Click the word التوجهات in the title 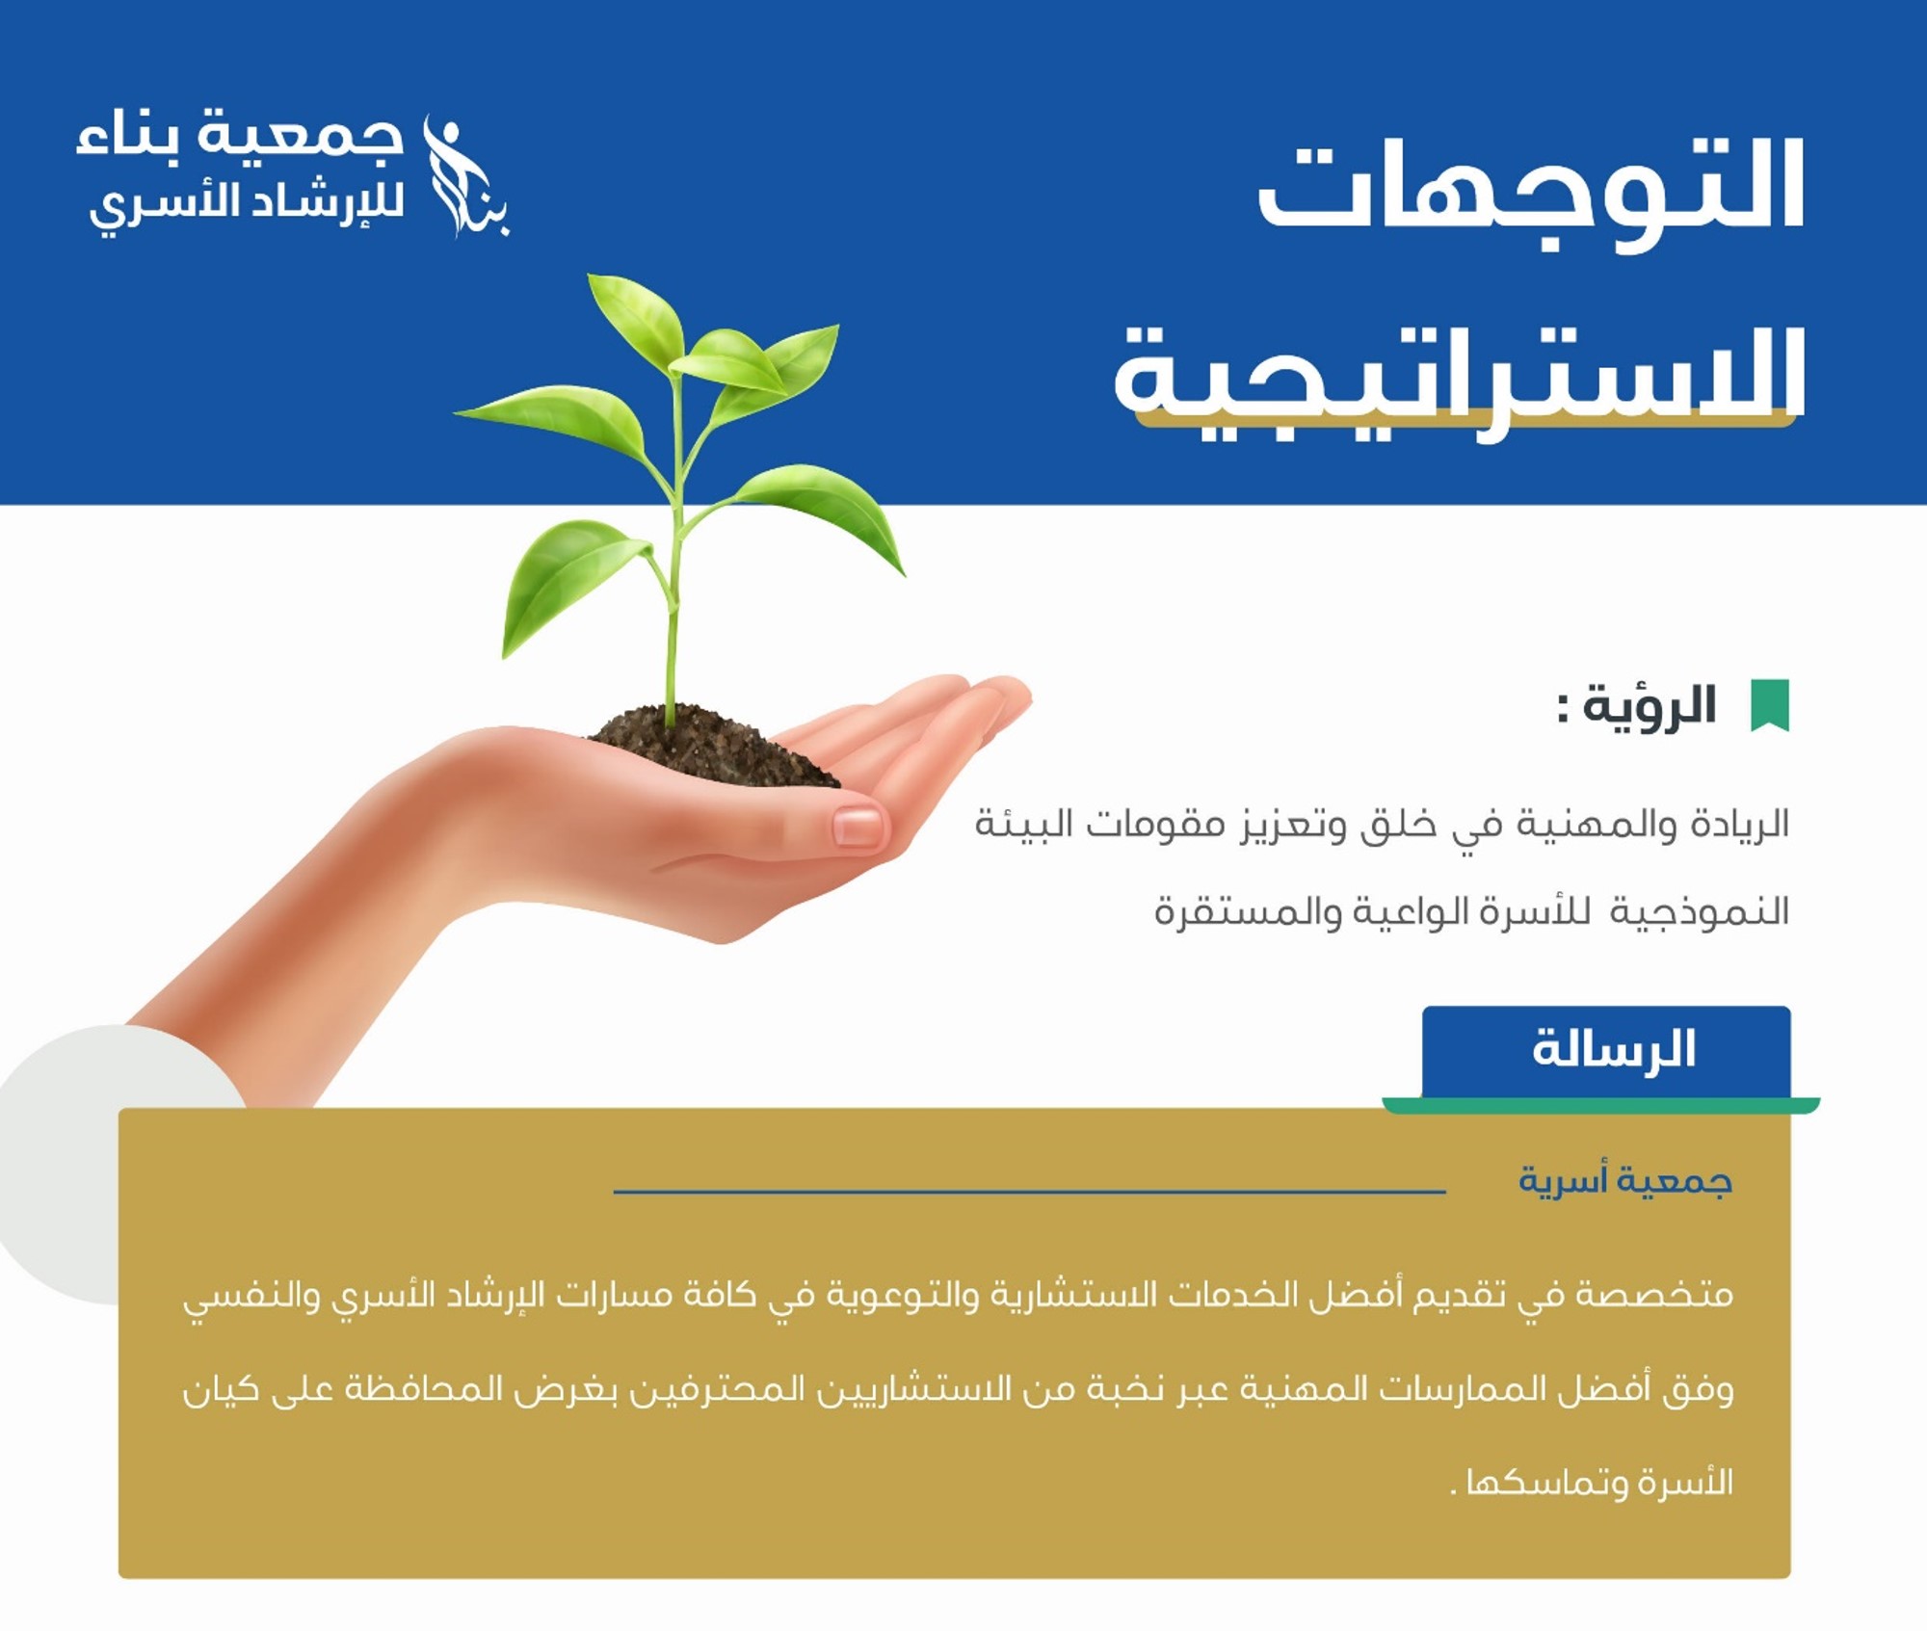[x=1531, y=192]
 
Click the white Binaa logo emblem [x=467, y=175]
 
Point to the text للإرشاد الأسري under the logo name [x=247, y=203]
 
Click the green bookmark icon [x=1769, y=705]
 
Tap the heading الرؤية [x=1650, y=705]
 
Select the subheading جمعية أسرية [x=1625, y=1180]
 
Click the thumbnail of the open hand [x=857, y=827]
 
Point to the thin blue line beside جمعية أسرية [x=1029, y=1192]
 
